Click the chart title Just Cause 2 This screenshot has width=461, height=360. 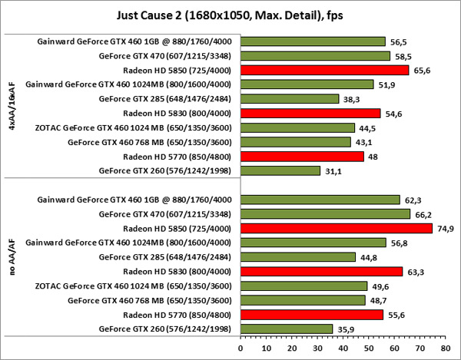point(230,13)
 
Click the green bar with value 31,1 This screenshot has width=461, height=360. point(280,170)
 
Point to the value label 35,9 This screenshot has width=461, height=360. point(343,329)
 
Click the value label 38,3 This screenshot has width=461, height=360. point(349,99)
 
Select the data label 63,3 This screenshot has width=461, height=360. point(413,272)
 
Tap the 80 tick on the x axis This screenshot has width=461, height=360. point(445,347)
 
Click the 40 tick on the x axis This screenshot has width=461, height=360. point(343,347)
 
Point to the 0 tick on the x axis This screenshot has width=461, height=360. point(240,347)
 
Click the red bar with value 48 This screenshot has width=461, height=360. point(302,156)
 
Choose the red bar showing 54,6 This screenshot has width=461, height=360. point(310,113)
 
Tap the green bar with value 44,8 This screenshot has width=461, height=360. point(297,257)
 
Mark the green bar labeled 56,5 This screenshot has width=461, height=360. point(313,41)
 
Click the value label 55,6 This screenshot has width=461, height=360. point(393,315)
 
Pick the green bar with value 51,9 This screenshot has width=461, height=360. point(307,84)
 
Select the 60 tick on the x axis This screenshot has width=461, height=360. point(393,347)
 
